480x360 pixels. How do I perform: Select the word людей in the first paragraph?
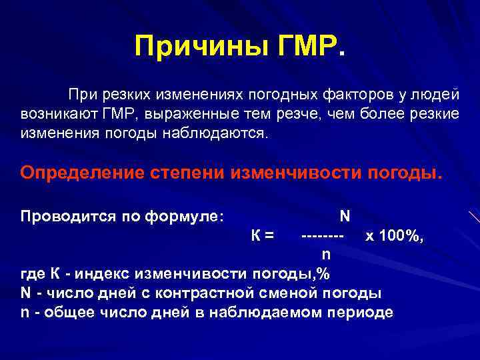click(x=435, y=95)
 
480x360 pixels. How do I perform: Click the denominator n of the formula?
click(x=325, y=253)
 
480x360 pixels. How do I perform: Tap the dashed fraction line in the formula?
click(x=323, y=235)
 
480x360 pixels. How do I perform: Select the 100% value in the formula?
click(x=402, y=235)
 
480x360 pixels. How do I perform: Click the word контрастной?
click(x=202, y=293)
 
